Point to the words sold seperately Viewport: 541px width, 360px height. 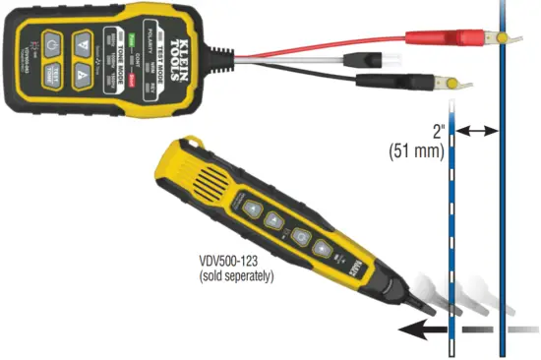(x=235, y=277)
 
